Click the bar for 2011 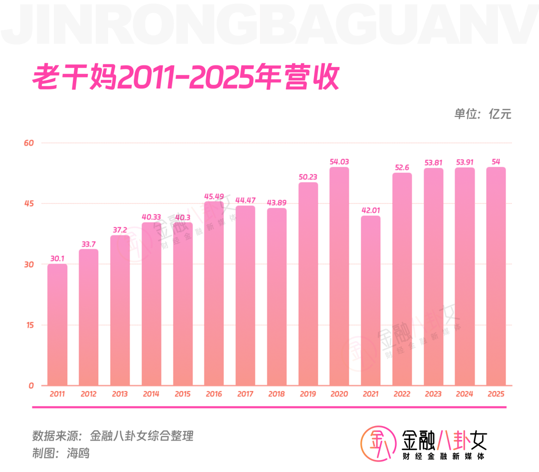(57, 325)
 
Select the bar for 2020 (339, 276)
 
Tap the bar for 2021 (370, 301)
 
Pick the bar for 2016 (214, 294)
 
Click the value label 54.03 (339, 162)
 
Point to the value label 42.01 (370, 210)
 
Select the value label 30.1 (57, 258)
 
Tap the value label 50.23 (307, 177)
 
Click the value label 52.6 (402, 167)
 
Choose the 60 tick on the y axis (29, 143)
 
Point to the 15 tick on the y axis (30, 325)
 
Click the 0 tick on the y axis (31, 386)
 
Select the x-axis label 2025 (496, 394)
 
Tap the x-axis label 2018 (276, 394)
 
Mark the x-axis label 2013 (120, 394)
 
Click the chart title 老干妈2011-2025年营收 (186, 77)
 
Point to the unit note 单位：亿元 (483, 114)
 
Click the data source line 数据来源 (113, 436)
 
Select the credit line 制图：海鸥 (61, 453)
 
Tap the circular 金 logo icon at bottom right (378, 444)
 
